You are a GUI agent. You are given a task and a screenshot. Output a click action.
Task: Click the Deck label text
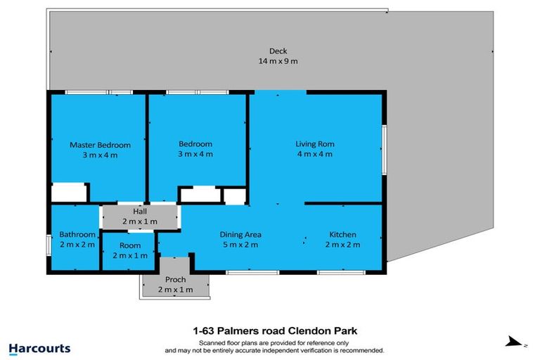pos(278,51)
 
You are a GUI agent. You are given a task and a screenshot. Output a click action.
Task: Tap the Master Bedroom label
pos(100,145)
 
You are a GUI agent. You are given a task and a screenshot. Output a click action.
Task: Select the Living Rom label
pos(314,144)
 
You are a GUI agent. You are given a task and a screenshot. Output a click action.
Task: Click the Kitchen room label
pos(343,234)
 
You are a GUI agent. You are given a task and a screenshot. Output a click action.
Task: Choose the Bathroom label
pos(77,234)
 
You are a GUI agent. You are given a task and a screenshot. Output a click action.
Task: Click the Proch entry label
pos(175,279)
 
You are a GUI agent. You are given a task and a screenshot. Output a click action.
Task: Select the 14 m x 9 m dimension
pos(278,61)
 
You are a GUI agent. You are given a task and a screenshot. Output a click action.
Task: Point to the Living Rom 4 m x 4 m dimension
pos(314,155)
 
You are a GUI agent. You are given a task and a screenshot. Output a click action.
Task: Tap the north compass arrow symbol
pos(516,342)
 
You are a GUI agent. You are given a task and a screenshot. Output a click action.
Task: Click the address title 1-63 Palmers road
pos(271,330)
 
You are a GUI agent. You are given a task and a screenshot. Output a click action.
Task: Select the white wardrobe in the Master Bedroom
pos(69,193)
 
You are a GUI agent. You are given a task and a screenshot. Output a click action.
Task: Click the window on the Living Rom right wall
pos(383,148)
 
